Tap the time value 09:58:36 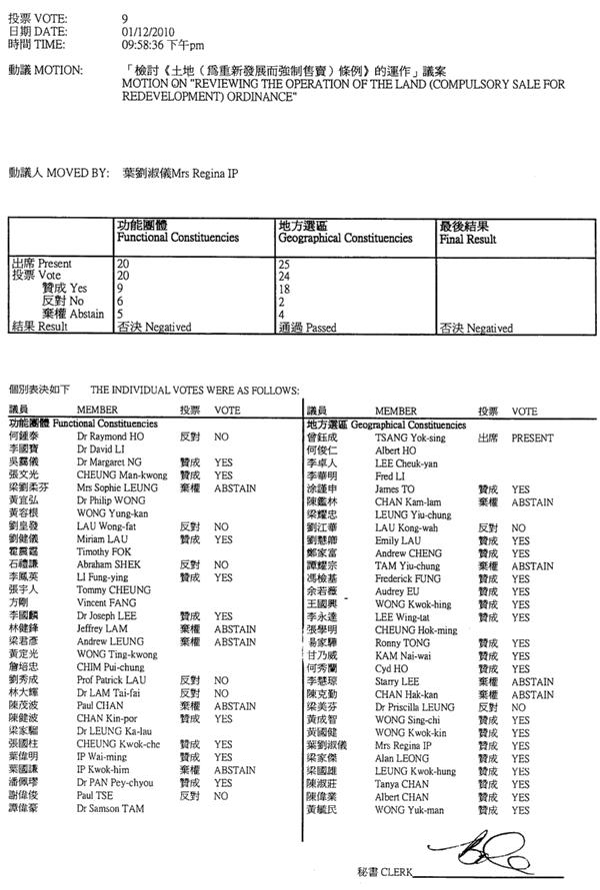(x=144, y=45)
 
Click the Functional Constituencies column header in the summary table (x=177, y=239)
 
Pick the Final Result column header (x=468, y=240)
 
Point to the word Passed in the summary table (x=322, y=327)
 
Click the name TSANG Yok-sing (x=409, y=438)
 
